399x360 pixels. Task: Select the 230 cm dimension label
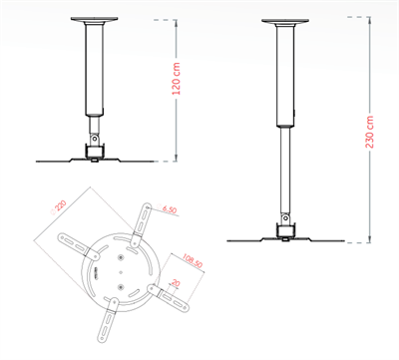pyautogui.click(x=371, y=128)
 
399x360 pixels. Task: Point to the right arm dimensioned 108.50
pyautogui.click(x=171, y=297)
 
